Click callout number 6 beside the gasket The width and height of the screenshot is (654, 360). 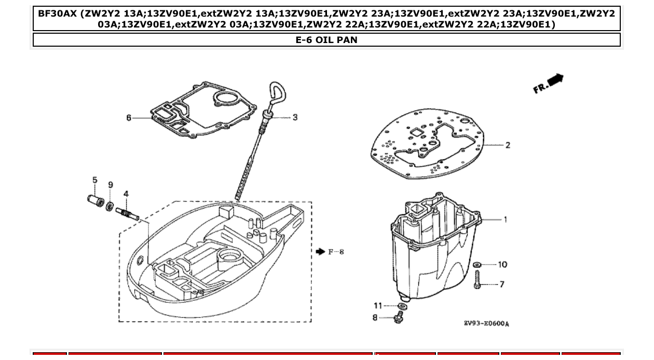[129, 118]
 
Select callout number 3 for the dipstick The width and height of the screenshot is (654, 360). [295, 118]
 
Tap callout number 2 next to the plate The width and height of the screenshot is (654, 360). [508, 145]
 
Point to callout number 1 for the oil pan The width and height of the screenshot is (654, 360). [506, 219]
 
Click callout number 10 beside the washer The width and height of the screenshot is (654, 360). [502, 265]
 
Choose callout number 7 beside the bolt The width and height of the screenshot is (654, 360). [502, 284]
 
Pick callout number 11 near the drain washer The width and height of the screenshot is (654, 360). [378, 306]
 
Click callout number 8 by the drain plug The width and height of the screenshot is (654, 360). [375, 317]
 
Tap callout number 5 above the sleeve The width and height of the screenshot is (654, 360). [95, 180]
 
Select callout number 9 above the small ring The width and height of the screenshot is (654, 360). [111, 185]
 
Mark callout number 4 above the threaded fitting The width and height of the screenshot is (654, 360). [126, 194]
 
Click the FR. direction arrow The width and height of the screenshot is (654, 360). [549, 84]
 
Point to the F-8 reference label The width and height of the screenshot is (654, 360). [336, 252]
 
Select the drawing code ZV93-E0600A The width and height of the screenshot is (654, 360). [486, 324]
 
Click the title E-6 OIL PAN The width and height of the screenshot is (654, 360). [326, 40]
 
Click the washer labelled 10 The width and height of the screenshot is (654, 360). [478, 265]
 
